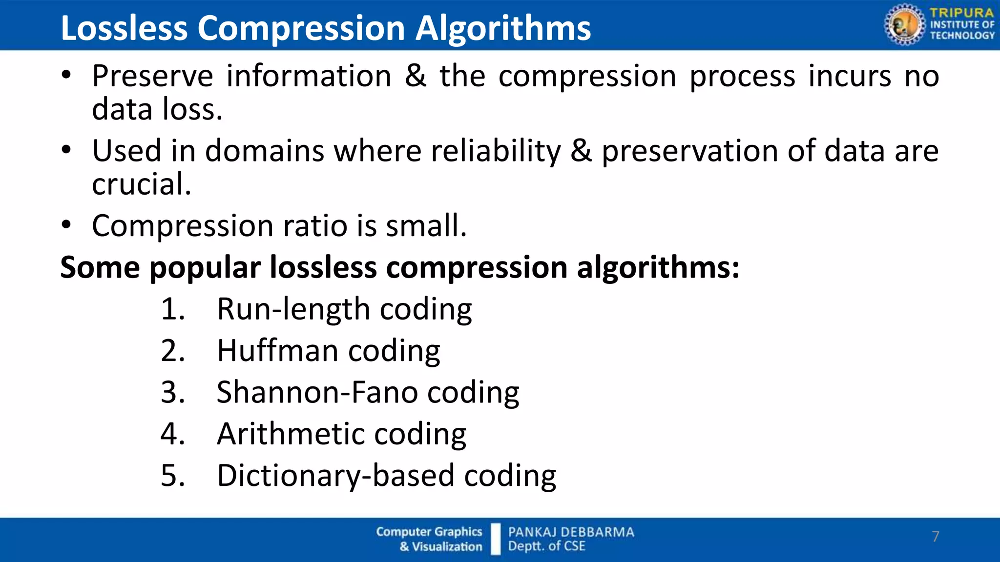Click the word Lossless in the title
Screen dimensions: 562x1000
pos(124,28)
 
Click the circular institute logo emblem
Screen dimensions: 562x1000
pos(904,24)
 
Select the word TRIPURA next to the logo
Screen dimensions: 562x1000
pos(961,13)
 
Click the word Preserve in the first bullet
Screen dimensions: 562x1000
pos(152,77)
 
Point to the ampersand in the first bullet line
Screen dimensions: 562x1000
pos(415,77)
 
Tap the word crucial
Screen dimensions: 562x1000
pos(142,184)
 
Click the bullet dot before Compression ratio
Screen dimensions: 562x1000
pos(66,225)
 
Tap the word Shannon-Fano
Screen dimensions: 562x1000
pos(317,392)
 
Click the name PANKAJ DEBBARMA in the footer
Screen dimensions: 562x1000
pos(571,532)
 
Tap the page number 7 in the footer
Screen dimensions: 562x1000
pos(936,537)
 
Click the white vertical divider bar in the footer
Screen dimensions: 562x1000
pos(496,539)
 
